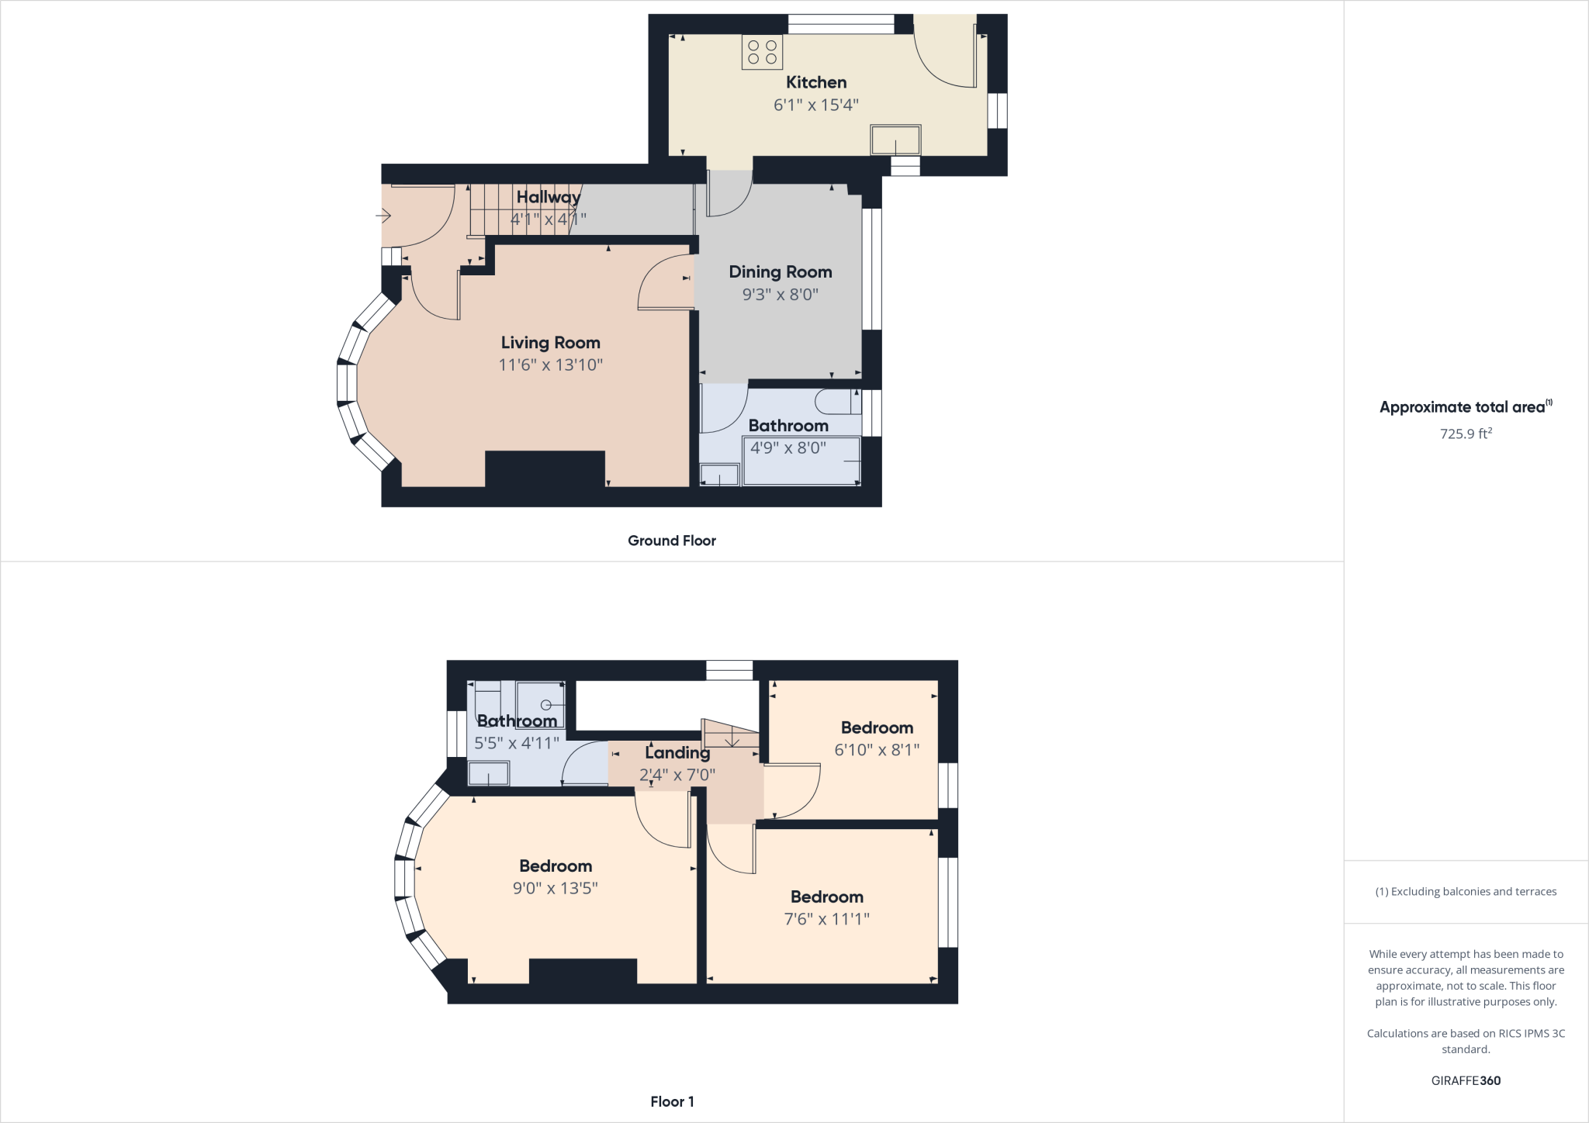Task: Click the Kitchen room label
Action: (x=815, y=82)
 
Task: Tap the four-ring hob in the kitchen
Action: (x=762, y=52)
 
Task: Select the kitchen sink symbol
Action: (x=895, y=140)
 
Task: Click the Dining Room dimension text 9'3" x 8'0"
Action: (x=780, y=294)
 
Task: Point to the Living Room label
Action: (x=550, y=343)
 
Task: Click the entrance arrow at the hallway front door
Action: (x=383, y=215)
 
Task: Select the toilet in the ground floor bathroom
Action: (x=837, y=402)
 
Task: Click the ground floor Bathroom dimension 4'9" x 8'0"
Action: (x=788, y=447)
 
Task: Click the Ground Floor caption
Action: (x=671, y=541)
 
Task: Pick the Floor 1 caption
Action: (x=672, y=1101)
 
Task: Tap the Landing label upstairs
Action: (x=677, y=752)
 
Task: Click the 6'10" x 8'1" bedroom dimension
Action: (x=877, y=749)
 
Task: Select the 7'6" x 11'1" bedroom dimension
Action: (x=826, y=919)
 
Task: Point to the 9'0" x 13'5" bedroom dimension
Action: (x=555, y=888)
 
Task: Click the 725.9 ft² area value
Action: (x=1465, y=434)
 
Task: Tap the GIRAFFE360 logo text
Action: (x=1466, y=1080)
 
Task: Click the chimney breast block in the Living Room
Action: (x=545, y=468)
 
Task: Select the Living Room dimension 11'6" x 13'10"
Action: (x=550, y=365)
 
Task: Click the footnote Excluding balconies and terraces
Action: (x=1466, y=892)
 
